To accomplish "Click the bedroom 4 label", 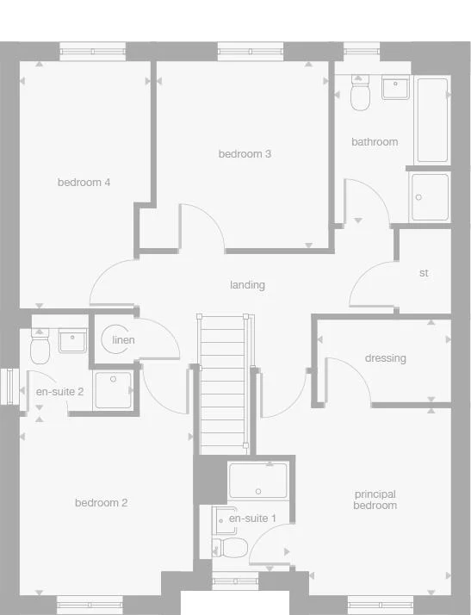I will click(x=84, y=182).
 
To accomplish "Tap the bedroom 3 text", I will click(x=245, y=154).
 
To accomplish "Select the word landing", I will click(x=247, y=284).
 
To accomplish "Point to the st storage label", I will click(x=423, y=273).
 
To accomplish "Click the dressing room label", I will click(x=385, y=358).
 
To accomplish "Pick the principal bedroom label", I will click(x=375, y=500).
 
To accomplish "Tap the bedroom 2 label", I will click(x=101, y=503).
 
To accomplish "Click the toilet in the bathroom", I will click(x=360, y=93).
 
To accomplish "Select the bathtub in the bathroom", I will click(x=432, y=121).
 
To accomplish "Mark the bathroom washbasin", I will click(x=396, y=87).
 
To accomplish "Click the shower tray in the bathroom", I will click(x=430, y=197).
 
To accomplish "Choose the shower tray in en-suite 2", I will click(x=114, y=388).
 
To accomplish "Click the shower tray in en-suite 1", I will click(x=258, y=481).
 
